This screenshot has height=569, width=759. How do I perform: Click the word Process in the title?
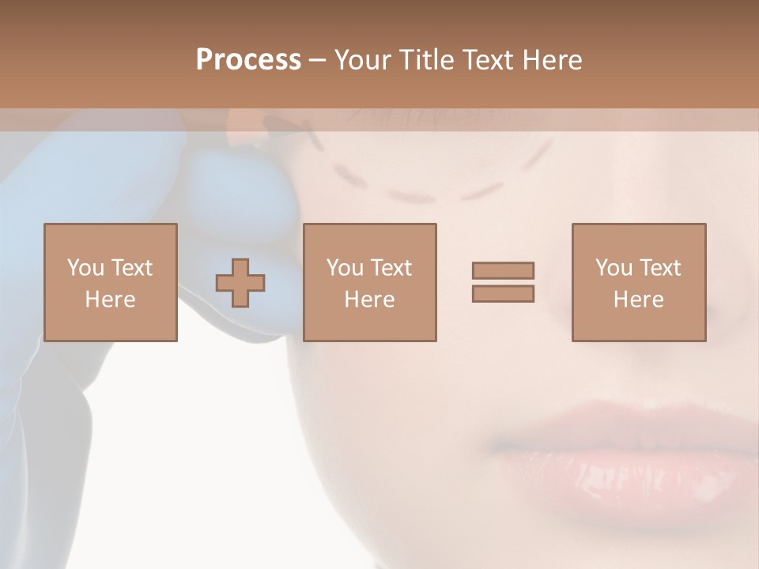[248, 60]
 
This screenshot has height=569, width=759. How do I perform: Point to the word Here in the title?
[550, 60]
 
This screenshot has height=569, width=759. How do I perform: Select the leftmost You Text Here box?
[111, 282]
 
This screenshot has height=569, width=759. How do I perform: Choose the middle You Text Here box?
[369, 282]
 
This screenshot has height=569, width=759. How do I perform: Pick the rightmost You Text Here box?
[638, 282]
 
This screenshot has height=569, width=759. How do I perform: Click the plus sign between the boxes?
[240, 283]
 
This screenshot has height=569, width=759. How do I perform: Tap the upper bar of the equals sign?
[503, 270]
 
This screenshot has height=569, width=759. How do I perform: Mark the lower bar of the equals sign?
[503, 294]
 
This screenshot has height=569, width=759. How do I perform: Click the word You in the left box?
[85, 268]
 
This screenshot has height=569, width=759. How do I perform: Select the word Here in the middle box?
[369, 300]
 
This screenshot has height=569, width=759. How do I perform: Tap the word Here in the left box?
[111, 300]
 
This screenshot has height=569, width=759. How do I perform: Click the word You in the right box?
[614, 268]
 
